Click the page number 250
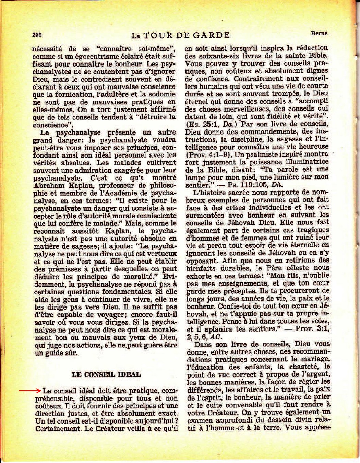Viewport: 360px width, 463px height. tap(37, 34)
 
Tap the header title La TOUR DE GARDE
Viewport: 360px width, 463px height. tap(180, 35)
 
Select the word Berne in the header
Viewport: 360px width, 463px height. tap(319, 33)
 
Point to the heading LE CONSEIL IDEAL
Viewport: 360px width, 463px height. tap(106, 374)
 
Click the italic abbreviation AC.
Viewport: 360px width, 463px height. tap(216, 336)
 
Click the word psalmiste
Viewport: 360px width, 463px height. tap(263, 154)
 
